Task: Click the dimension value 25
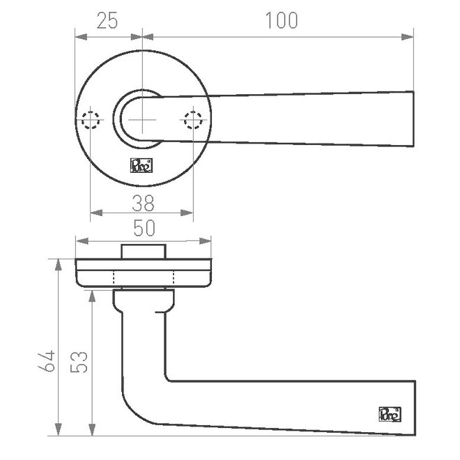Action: point(107,20)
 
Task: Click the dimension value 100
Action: point(282,20)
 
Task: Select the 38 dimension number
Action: point(143,203)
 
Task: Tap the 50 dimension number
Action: point(144,228)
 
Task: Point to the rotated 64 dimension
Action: point(47,361)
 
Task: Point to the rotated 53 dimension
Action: point(79,362)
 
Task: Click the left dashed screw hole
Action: point(91,120)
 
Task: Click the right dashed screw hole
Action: point(193,120)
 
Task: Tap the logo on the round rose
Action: point(141,165)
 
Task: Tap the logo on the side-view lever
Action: point(390,414)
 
